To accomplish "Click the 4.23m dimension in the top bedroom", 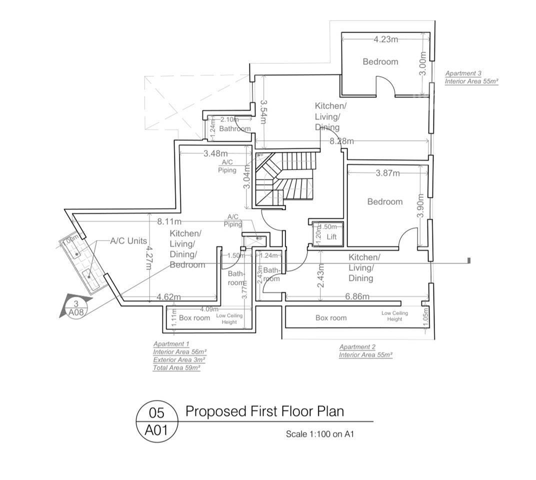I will [x=386, y=39].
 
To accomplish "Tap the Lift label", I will [x=332, y=237].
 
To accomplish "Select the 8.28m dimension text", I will [x=341, y=141].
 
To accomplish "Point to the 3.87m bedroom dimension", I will [x=387, y=173].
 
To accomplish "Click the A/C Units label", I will [x=128, y=241].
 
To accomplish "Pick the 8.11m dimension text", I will [x=169, y=220].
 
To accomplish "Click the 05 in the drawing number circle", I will [x=156, y=413].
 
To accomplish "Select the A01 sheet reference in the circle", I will [x=156, y=429].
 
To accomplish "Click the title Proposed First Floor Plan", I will [x=264, y=411].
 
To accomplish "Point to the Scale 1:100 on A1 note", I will [x=319, y=434].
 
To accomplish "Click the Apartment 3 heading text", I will [x=463, y=73].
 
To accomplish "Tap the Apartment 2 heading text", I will [x=357, y=347].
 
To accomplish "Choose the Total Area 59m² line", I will [x=176, y=367].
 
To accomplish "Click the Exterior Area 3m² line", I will [x=179, y=359].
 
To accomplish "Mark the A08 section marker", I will [x=75, y=312].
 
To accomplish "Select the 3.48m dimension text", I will [x=215, y=153].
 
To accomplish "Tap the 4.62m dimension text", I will [x=169, y=297].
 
